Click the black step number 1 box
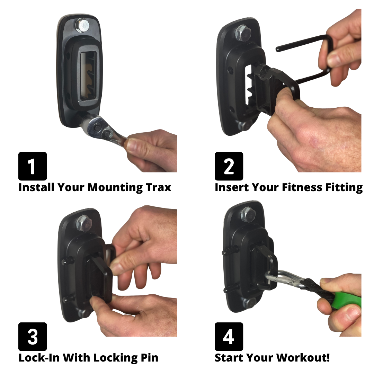pyautogui.click(x=33, y=166)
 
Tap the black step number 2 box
pyautogui.click(x=229, y=166)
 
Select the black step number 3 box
pyautogui.click(x=33, y=337)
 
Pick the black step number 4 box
pyautogui.click(x=229, y=337)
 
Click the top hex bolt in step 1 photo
pyautogui.click(x=82, y=26)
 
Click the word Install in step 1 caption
pyautogui.click(x=36, y=187)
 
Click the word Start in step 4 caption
pyautogui.click(x=229, y=358)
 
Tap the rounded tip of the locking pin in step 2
pyautogui.click(x=278, y=50)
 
